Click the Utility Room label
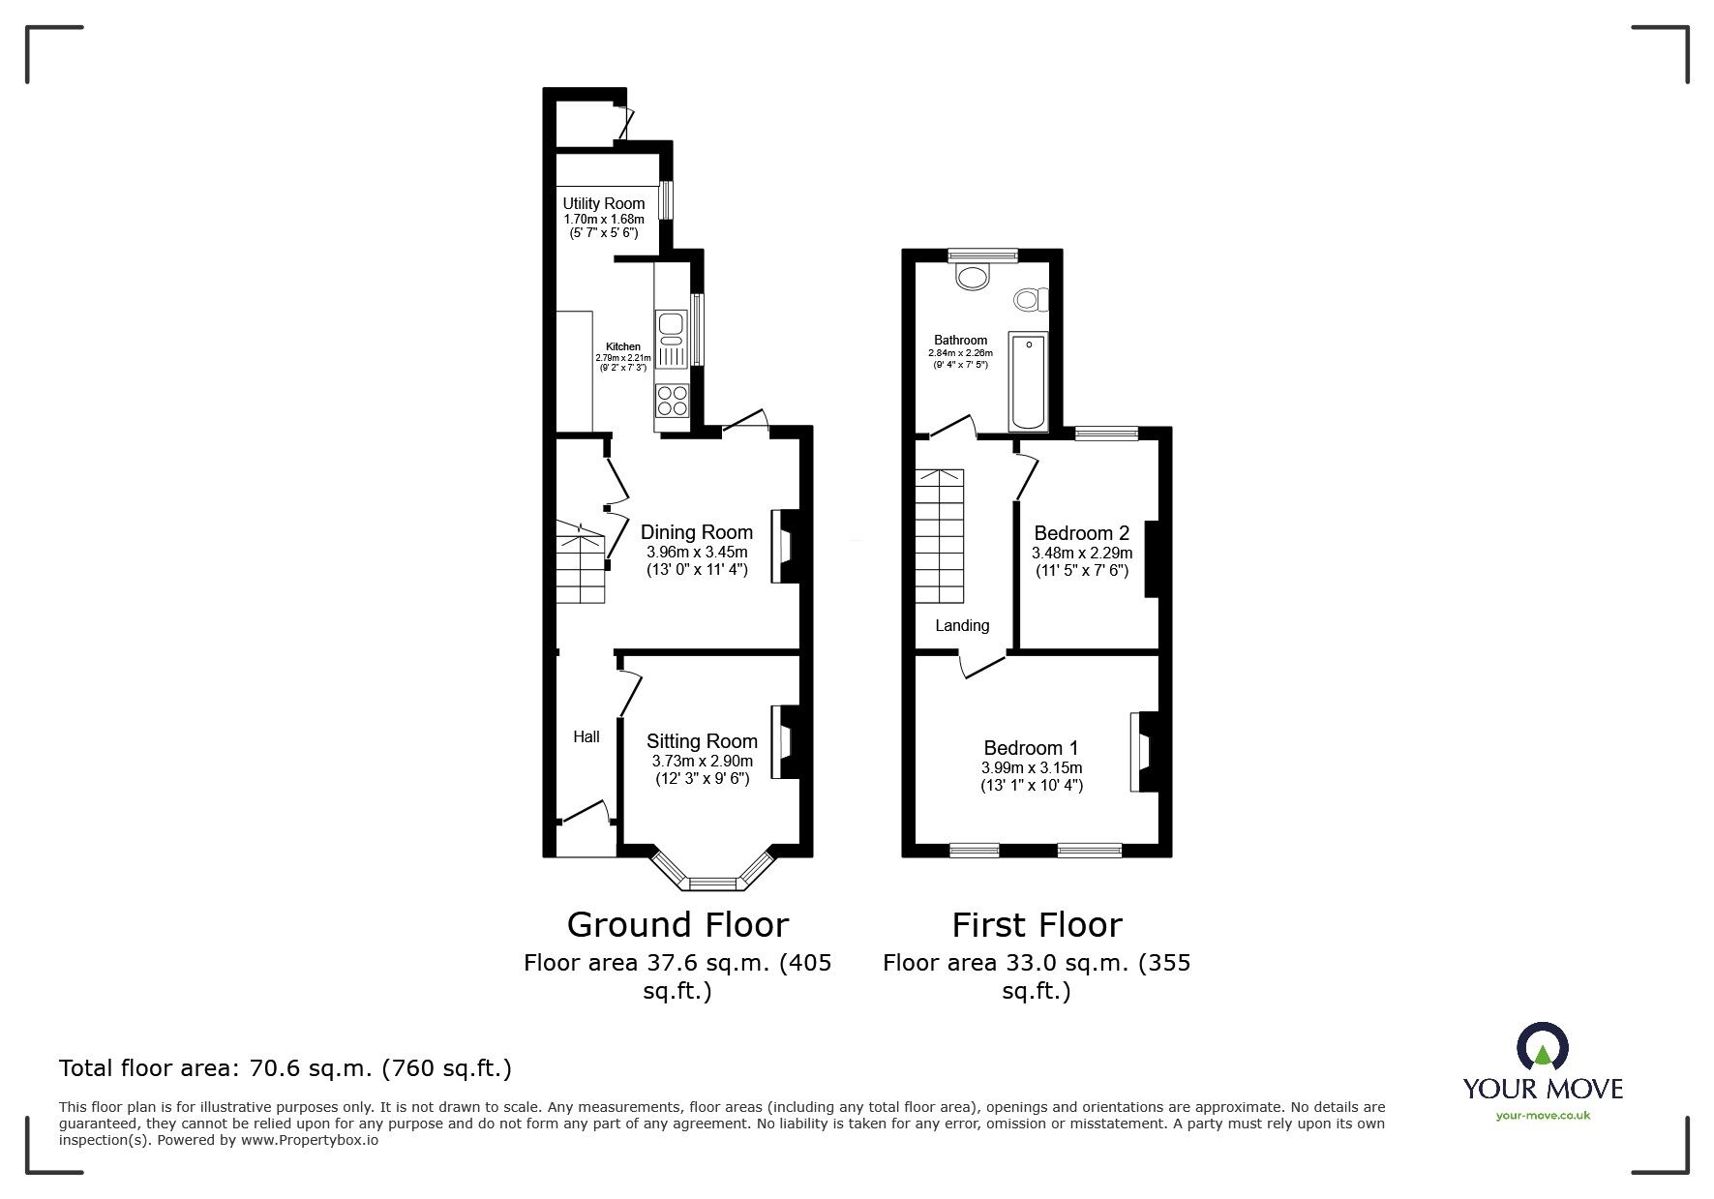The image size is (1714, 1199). pos(604,203)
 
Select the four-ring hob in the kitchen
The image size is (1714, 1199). pos(672,400)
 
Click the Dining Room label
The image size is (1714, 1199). pos(696,532)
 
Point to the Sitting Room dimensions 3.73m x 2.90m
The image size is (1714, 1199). pos(702,762)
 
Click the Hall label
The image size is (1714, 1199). pos(586,736)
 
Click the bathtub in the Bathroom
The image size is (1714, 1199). pos(1027,381)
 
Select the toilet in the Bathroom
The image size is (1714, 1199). pos(1031,299)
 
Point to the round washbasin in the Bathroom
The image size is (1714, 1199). pos(973,278)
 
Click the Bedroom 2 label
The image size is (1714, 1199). pos(1081,533)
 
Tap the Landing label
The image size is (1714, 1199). pos(962,626)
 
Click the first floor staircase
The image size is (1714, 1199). pos(940,535)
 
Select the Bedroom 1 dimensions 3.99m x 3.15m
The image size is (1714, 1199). pos(1031,767)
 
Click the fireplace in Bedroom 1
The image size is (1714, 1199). pos(1143,752)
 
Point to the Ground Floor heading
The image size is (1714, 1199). pos(677,924)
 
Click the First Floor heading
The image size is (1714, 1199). pos(1037,924)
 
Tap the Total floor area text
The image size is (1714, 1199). pos(286,1068)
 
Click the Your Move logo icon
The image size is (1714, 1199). pos(1542,1048)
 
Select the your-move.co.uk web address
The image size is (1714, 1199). pos(1543,1116)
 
